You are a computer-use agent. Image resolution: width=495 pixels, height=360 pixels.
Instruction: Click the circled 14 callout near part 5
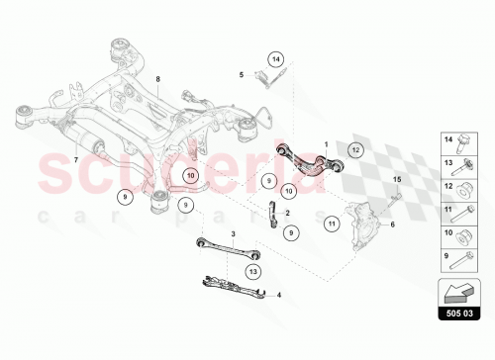pos(275,58)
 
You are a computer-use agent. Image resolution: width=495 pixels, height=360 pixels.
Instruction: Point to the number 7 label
pos(75,159)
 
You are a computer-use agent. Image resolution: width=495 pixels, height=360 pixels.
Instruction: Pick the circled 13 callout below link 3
pos(253,270)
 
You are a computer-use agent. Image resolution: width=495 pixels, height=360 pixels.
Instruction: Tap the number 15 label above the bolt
pos(397,178)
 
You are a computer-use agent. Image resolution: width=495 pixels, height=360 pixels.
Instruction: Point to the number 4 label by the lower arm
pos(279,294)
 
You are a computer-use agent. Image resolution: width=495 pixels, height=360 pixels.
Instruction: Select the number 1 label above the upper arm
pos(325,144)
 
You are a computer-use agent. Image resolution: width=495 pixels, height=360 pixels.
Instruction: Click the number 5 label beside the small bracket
pos(241,74)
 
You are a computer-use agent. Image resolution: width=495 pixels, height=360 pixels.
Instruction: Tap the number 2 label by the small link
pos(287,212)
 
